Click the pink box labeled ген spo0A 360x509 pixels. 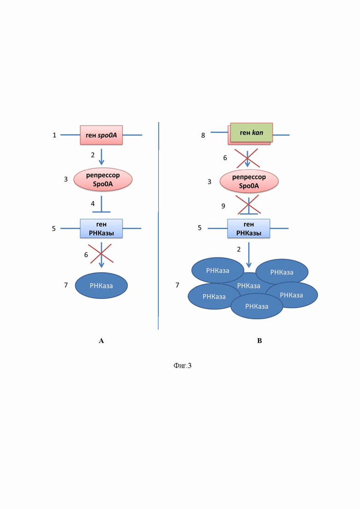(x=101, y=135)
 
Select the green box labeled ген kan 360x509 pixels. (x=252, y=132)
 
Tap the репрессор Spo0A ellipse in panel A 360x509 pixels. (x=103, y=180)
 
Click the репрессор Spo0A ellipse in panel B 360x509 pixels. (x=249, y=181)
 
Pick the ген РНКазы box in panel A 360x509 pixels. (x=101, y=228)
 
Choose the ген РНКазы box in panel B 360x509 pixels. (x=249, y=228)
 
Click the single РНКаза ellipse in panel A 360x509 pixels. (x=101, y=286)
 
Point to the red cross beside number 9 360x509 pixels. (x=248, y=204)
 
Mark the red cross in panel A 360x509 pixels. (x=101, y=253)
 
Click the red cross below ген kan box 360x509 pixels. (x=247, y=158)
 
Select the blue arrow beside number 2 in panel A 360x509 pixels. (x=101, y=157)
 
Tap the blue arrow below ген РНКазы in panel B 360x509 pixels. (x=249, y=255)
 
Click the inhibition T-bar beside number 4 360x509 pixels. (x=101, y=204)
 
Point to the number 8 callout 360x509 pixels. (x=203, y=135)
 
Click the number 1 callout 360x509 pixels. (x=54, y=135)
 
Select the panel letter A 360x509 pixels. (x=101, y=341)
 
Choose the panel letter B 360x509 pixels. (x=259, y=341)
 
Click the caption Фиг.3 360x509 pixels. (x=182, y=366)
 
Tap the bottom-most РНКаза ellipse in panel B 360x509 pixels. (x=257, y=306)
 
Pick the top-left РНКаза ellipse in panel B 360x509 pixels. (x=217, y=270)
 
